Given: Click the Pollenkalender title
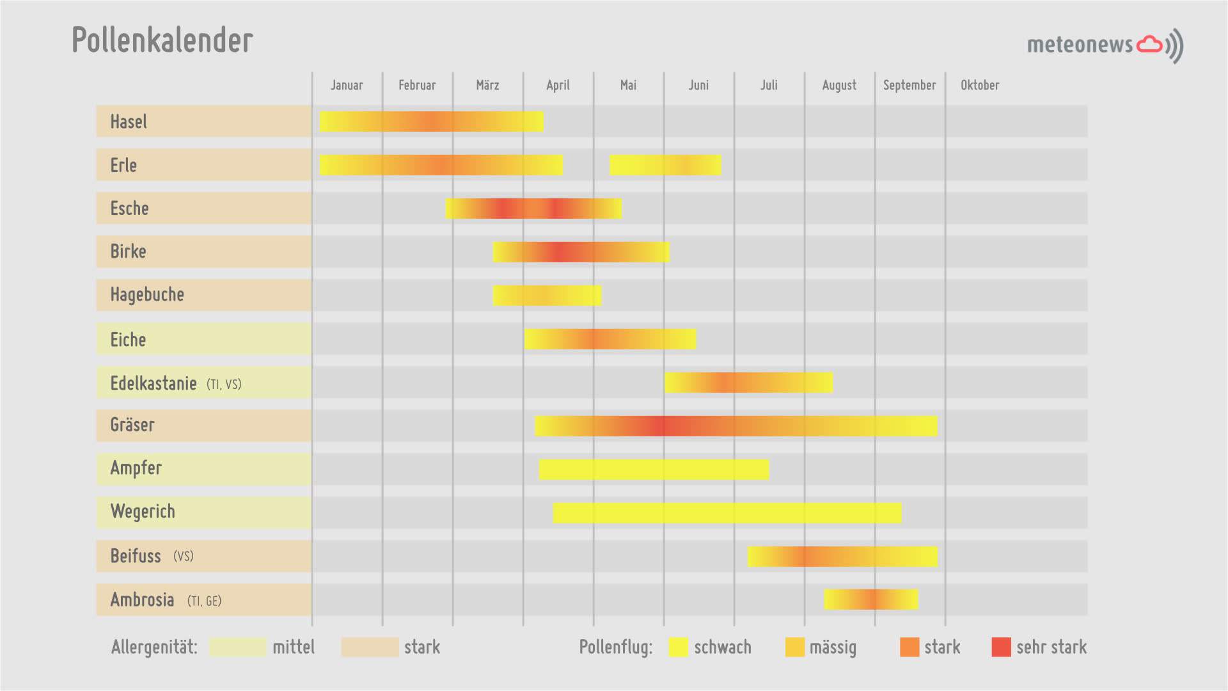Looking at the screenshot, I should (x=162, y=40).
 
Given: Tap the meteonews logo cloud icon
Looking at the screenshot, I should (x=1149, y=44).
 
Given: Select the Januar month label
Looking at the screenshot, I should (x=347, y=85).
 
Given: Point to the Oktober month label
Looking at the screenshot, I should (x=979, y=85).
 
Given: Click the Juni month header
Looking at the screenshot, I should (x=698, y=85).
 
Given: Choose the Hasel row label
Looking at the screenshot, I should (x=129, y=122).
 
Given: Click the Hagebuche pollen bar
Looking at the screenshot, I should (x=547, y=295).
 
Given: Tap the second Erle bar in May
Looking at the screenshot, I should (x=665, y=165).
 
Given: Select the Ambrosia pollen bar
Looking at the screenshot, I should (x=870, y=600).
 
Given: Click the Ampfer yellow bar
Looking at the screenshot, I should (x=654, y=469).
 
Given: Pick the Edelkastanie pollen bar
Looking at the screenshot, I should (x=748, y=383).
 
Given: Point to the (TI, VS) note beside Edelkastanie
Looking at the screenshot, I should (x=224, y=385).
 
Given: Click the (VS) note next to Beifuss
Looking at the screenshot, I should (x=183, y=556).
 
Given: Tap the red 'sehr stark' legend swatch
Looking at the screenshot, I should (x=1001, y=647).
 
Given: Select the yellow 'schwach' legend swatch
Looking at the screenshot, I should (x=678, y=647).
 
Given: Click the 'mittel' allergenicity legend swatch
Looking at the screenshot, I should (x=237, y=647).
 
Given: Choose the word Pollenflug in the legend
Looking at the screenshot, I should (x=615, y=647).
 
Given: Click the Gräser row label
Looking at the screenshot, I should (x=132, y=425).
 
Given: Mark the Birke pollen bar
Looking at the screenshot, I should (x=581, y=252).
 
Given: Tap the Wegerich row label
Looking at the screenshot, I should (x=143, y=511).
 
